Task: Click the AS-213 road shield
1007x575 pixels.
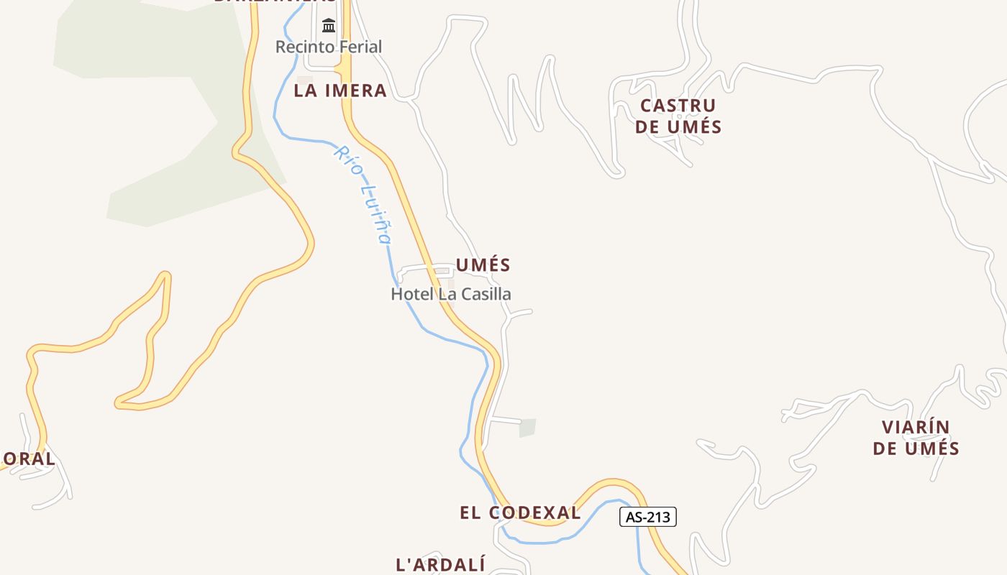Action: click(x=647, y=517)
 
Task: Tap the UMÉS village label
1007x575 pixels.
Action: click(x=483, y=265)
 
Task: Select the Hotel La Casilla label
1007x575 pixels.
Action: click(x=451, y=294)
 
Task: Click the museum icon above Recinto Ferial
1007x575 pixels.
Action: click(x=329, y=27)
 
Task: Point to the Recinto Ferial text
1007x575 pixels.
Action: click(x=329, y=47)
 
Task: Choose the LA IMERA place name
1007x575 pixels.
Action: click(x=340, y=91)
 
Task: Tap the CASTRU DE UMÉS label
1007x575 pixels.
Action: click(x=678, y=116)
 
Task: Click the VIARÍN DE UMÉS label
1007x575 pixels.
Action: click(x=916, y=438)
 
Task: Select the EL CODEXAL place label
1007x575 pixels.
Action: click(x=520, y=512)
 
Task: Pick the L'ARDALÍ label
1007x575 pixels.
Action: click(x=441, y=564)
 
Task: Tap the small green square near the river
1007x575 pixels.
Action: click(x=528, y=428)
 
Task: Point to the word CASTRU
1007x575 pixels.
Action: click(x=678, y=106)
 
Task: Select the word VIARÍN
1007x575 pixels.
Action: click(x=916, y=427)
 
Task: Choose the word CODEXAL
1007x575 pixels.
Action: click(x=534, y=512)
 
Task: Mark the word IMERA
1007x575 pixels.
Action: click(x=356, y=91)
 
